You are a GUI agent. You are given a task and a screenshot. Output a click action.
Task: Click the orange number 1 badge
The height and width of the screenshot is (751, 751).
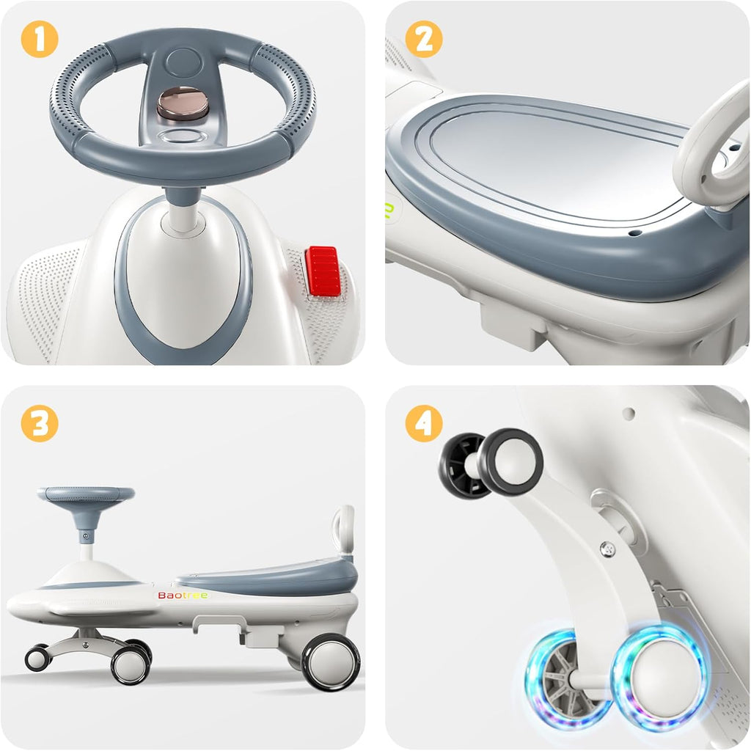40,40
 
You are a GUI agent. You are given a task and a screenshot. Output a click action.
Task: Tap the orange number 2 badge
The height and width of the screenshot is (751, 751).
424,40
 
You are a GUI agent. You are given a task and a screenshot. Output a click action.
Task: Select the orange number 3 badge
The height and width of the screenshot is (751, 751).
40,423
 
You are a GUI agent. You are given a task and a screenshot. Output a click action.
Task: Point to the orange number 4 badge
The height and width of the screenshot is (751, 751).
424,423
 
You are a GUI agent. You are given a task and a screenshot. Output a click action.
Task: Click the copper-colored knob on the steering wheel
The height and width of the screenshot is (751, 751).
183,103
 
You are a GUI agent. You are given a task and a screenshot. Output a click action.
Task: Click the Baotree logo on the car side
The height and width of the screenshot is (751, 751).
183,596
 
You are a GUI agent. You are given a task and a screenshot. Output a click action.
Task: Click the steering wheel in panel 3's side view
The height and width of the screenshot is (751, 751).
87,495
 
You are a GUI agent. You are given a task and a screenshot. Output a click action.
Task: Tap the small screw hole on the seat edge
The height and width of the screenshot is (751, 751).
635,233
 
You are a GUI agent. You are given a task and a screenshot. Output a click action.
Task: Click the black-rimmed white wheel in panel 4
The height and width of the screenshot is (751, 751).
510,463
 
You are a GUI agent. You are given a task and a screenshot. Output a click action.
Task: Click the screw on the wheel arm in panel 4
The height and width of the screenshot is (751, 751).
608,549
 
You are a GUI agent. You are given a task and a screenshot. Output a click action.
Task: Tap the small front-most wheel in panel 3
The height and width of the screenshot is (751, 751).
38,659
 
